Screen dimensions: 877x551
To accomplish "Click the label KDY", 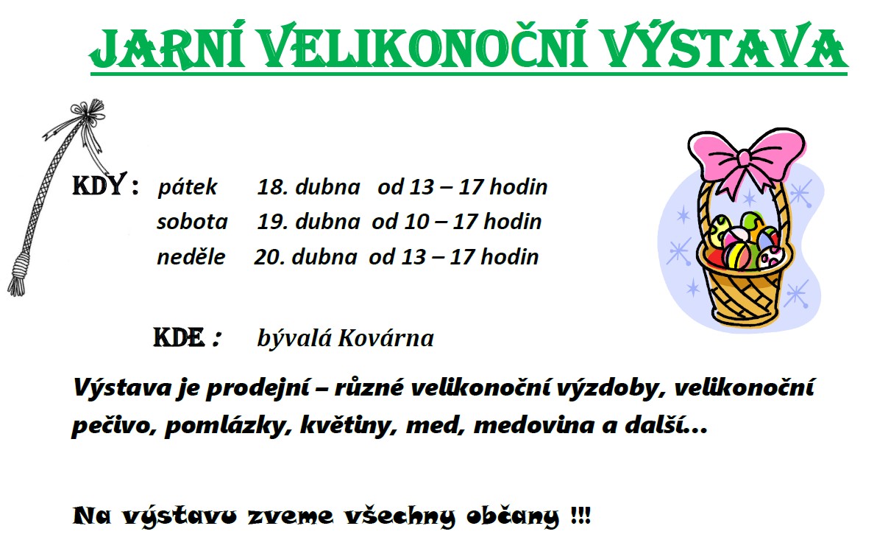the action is click(99, 185).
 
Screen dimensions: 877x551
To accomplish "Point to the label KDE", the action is click(179, 337).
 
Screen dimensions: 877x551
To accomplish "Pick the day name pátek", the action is click(187, 187).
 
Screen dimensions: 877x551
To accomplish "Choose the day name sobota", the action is click(192, 222).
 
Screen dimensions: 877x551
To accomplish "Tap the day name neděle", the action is click(191, 257).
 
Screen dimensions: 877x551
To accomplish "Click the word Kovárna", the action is click(386, 338).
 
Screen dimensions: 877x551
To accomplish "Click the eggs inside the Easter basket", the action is click(743, 241).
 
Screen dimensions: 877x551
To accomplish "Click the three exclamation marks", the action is click(580, 515).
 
